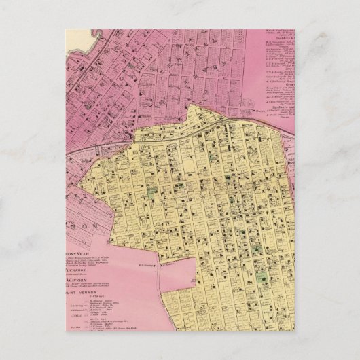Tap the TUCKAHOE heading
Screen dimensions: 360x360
[x=67, y=267]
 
